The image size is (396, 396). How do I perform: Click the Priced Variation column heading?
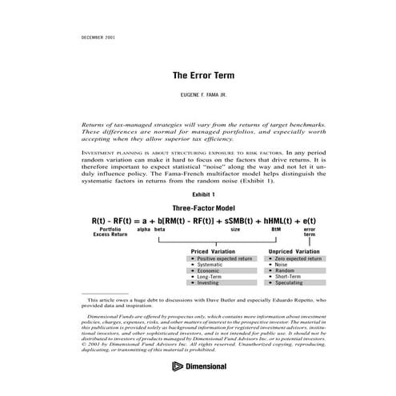(213, 252)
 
